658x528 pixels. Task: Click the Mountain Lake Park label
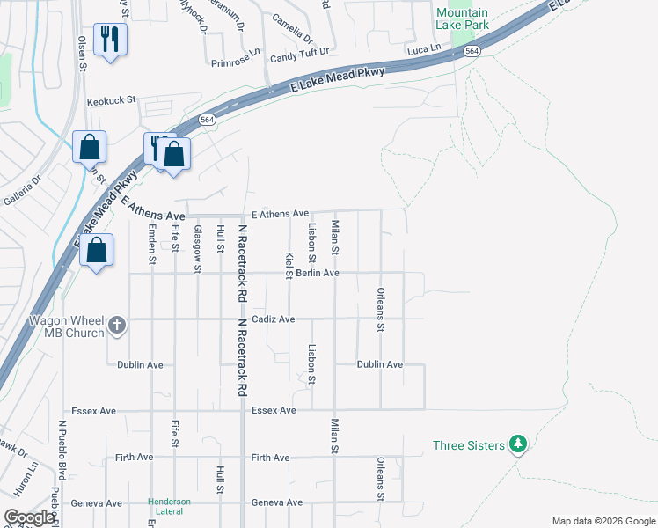463,19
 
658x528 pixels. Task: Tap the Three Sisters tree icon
519,445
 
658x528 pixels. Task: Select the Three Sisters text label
469,445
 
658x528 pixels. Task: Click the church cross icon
117,326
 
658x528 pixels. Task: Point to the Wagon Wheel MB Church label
68,326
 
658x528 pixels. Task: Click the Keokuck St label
112,100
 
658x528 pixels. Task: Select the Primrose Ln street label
237,62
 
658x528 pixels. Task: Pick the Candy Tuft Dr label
299,53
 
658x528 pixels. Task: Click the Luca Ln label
423,52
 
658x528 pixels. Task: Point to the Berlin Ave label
318,273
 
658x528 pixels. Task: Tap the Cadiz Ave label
274,319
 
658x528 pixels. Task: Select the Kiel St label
289,265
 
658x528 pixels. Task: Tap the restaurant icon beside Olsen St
110,40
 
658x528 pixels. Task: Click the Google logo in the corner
29,517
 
